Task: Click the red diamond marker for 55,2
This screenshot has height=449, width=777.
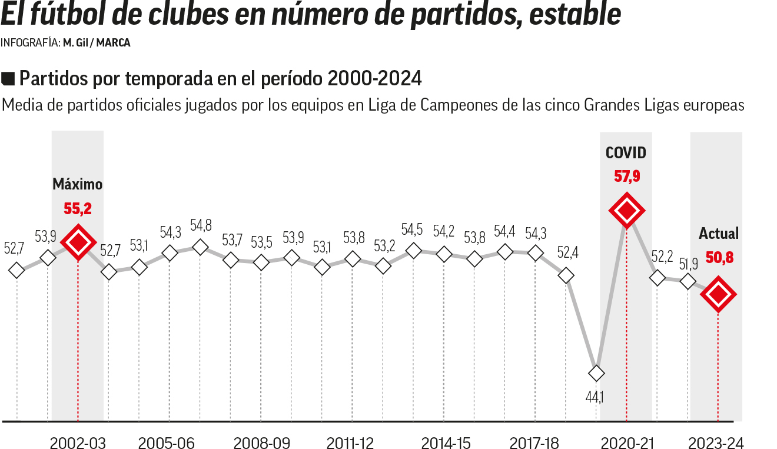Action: [x=78, y=242]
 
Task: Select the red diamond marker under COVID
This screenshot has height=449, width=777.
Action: [x=626, y=210]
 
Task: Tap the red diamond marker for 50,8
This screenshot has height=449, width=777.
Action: [x=718, y=294]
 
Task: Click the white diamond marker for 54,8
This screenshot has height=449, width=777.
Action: [x=200, y=247]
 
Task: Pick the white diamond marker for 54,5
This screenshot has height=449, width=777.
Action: [x=414, y=250]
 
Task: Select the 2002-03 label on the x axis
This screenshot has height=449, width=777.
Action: [x=78, y=443]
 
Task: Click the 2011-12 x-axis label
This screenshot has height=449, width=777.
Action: [x=350, y=443]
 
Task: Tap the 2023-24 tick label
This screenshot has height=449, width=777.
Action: [x=716, y=443]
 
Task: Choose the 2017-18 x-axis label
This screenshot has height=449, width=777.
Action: [x=534, y=443]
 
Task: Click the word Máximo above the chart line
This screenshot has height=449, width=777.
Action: [x=78, y=184]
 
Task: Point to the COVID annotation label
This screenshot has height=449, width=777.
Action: [x=626, y=153]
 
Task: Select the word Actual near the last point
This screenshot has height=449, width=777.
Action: [x=718, y=234]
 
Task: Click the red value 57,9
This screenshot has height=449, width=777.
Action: [x=626, y=176]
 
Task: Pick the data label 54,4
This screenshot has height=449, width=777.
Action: [x=504, y=231]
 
